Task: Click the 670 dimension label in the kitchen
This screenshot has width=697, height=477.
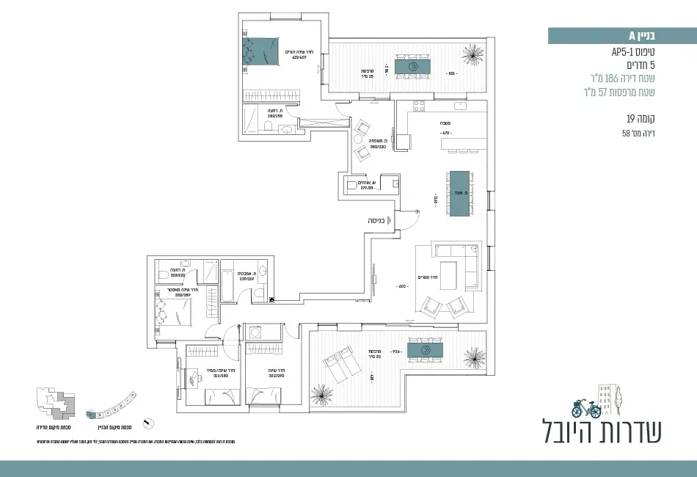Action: [x=444, y=133]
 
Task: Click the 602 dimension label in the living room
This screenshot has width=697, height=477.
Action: [x=401, y=286]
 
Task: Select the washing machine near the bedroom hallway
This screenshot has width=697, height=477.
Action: [x=257, y=330]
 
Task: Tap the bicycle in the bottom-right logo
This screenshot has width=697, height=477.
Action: [x=585, y=407]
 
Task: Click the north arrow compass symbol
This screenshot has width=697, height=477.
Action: [x=150, y=423]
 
